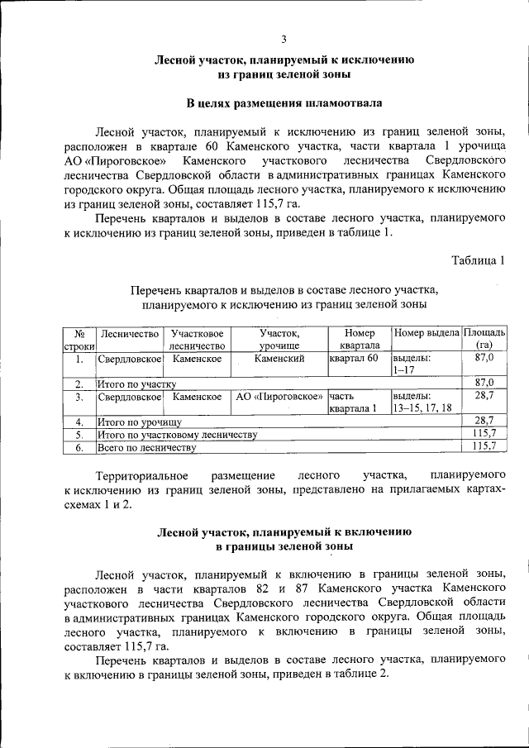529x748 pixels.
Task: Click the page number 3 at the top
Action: (x=284, y=39)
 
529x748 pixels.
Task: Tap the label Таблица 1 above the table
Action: (x=478, y=261)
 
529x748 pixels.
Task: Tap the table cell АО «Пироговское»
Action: (x=279, y=397)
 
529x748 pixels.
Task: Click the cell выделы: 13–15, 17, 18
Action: (x=422, y=403)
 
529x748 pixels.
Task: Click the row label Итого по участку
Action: (x=136, y=384)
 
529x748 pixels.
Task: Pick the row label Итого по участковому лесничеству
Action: (x=177, y=435)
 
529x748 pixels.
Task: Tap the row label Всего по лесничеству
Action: (x=146, y=447)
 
